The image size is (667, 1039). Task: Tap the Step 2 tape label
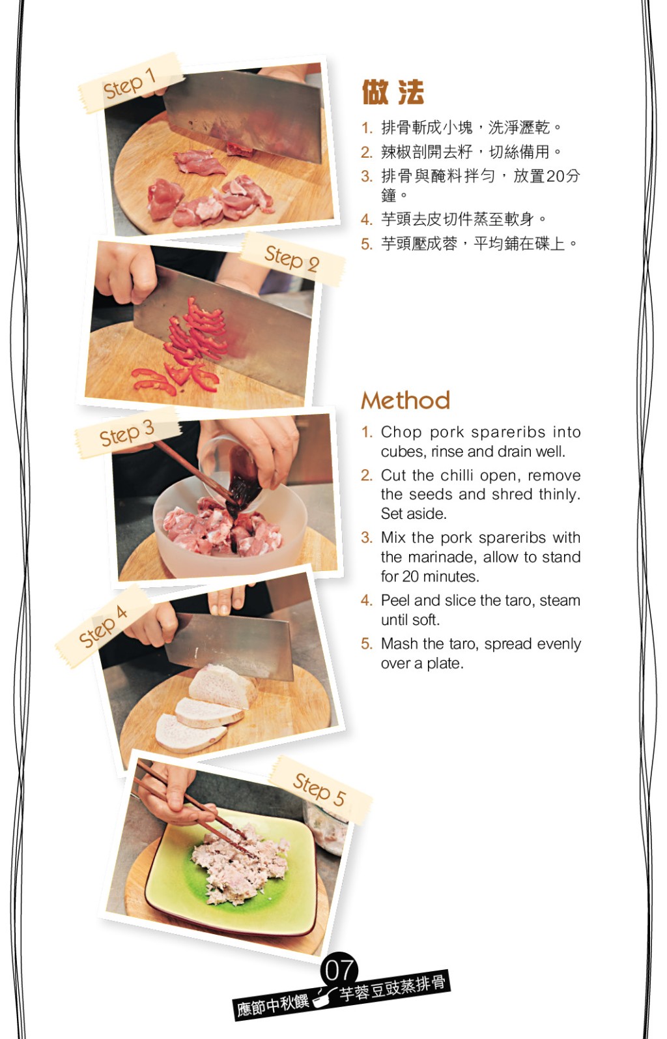[293, 259]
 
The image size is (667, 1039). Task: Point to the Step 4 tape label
[104, 625]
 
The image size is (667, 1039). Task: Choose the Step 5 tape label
[320, 789]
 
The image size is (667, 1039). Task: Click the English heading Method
[406, 400]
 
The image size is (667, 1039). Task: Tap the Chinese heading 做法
[393, 92]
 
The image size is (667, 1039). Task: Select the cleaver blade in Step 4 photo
[230, 644]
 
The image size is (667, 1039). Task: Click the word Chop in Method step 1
[401, 432]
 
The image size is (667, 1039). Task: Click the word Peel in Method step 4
[395, 600]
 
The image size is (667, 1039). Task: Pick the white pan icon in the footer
[324, 995]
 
